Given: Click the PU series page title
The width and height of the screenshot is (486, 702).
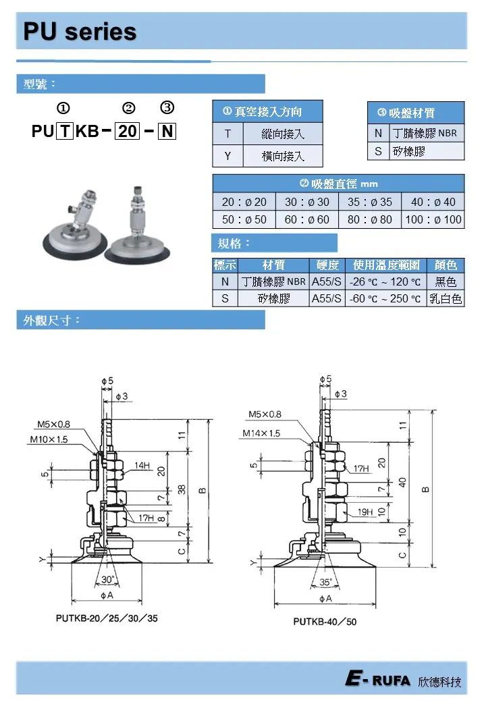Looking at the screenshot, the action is pos(80,31).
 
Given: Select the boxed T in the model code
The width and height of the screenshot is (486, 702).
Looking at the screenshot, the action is pos(65,131).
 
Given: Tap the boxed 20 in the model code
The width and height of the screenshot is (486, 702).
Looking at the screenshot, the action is pos(128,131).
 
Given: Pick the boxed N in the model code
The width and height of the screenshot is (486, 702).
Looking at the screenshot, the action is pos(167,131).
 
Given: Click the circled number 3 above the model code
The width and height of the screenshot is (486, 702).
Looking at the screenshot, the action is pos(167,107).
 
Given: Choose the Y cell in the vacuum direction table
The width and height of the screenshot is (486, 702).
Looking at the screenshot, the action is pos(227,156).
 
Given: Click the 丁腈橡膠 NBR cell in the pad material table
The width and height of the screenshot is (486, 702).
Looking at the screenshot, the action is pos(425,133).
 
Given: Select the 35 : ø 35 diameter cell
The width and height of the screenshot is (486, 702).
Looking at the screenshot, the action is pos(370,202).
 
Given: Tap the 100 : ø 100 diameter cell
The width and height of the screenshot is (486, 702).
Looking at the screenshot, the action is pos(433,219).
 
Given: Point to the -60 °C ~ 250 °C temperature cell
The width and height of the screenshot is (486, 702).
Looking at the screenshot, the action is pos(385,298).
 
